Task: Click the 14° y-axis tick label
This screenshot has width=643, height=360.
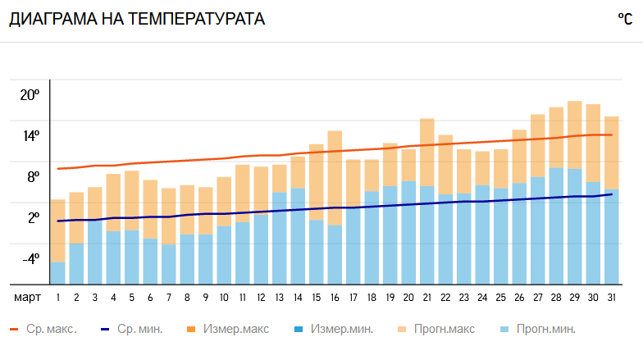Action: click(30, 136)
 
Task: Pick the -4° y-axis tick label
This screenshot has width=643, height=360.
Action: click(30, 259)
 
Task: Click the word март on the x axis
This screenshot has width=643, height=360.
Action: click(28, 298)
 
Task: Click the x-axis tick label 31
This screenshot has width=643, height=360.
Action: click(611, 298)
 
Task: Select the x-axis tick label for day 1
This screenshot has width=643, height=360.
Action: click(58, 298)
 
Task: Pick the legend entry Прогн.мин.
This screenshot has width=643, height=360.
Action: click(538, 330)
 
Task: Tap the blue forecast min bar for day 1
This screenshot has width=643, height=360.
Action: click(57, 273)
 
